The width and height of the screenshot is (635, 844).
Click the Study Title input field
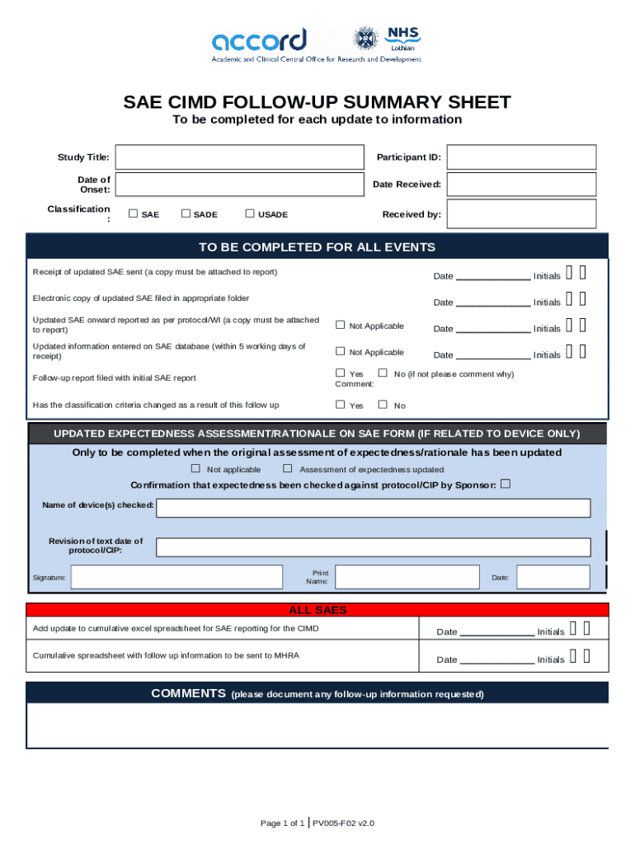(239, 157)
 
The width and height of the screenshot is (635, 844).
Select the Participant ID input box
(521, 157)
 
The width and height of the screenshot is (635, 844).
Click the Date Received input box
(521, 184)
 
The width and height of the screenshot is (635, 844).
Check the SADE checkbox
(186, 213)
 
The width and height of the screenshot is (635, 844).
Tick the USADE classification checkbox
(250, 213)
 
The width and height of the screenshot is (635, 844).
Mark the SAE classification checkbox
(133, 213)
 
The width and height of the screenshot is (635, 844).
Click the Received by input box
(521, 213)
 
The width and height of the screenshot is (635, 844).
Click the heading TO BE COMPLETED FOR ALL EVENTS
(317, 247)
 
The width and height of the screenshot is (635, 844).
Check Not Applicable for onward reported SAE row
(340, 325)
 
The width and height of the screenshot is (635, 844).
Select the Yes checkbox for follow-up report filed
(340, 373)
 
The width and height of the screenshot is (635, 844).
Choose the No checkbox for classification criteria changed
(383, 404)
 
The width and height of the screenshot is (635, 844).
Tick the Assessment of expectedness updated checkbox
(288, 468)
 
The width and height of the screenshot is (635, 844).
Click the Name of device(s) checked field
(373, 508)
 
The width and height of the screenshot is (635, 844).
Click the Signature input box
(175, 577)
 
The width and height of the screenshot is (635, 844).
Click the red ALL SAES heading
(317, 610)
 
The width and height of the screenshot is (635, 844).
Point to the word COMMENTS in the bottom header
(189, 694)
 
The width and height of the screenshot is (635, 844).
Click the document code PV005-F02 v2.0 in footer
(343, 823)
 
